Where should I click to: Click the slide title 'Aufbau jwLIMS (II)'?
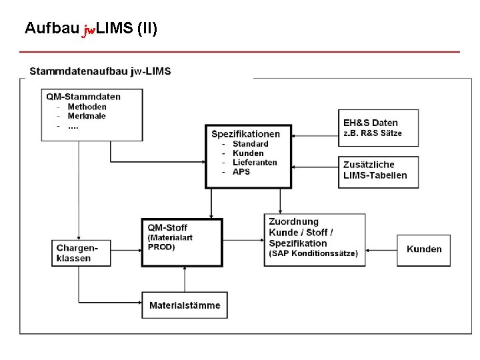91,29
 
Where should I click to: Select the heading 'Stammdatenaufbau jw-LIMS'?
100,71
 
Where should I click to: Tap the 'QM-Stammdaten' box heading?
83,96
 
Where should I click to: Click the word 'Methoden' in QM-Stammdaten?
87,107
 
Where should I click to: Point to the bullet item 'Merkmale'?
87,116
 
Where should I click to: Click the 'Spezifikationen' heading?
246,133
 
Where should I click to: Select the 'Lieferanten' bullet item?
255,163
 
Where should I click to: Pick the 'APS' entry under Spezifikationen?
241,172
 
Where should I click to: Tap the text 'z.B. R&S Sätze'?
373,133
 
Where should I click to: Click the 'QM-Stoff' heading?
167,227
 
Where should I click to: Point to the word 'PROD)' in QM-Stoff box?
161,247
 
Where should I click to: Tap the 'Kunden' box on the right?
424,249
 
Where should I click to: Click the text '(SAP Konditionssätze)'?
313,253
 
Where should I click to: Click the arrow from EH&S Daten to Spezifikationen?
315,136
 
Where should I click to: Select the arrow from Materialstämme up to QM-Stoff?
183,279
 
